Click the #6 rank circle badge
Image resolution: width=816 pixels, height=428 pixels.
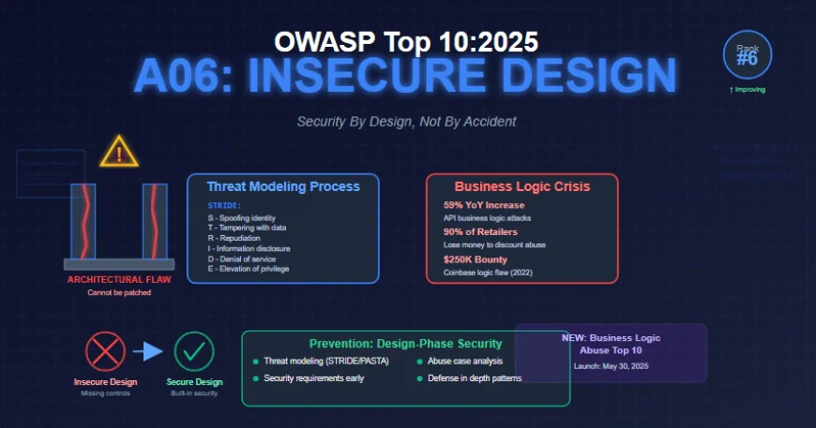(747, 54)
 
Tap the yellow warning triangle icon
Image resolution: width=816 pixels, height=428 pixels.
(118, 153)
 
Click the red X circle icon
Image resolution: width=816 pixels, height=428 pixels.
(105, 352)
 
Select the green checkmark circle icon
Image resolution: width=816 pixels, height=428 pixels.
(194, 352)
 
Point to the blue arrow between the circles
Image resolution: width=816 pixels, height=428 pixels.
(148, 352)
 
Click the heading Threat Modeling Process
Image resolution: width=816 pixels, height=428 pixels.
(282, 186)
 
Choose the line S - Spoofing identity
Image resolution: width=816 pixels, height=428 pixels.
(242, 218)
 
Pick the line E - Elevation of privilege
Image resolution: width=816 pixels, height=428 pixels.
(249, 269)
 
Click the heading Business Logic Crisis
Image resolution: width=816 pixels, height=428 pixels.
(521, 186)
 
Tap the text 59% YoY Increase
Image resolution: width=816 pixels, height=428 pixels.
(483, 205)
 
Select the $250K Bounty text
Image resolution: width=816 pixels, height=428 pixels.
(475, 259)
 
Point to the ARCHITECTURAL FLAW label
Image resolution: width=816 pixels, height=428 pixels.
(118, 279)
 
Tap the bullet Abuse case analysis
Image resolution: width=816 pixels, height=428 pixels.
(465, 362)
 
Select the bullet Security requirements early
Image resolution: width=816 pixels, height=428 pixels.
(313, 378)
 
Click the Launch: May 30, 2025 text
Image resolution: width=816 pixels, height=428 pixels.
(612, 366)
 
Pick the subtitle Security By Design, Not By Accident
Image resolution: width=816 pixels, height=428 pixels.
(406, 122)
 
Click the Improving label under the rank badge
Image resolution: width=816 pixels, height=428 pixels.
(747, 90)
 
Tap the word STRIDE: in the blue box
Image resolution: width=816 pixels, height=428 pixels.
(225, 205)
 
